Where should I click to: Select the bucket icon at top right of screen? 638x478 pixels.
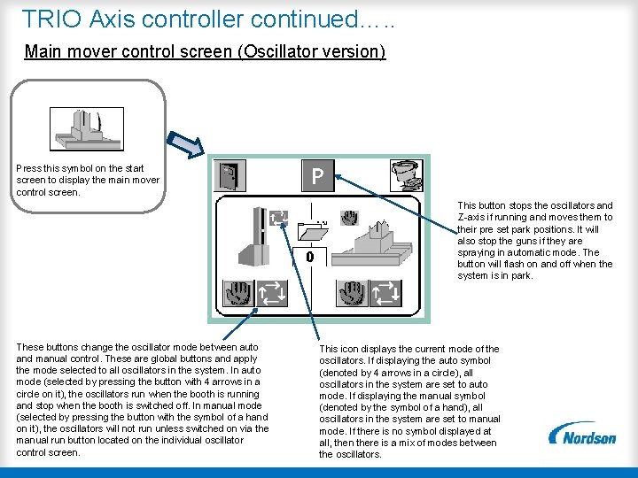click(x=408, y=175)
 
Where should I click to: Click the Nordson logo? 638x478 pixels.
click(x=582, y=434)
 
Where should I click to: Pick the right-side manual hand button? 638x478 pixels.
click(x=354, y=293)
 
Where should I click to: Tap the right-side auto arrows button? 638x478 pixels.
click(x=385, y=293)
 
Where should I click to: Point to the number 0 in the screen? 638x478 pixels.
click(x=310, y=257)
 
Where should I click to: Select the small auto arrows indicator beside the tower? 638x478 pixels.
click(x=279, y=216)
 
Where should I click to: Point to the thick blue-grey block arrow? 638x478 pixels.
click(x=188, y=143)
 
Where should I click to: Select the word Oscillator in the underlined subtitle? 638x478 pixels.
click(x=283, y=51)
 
